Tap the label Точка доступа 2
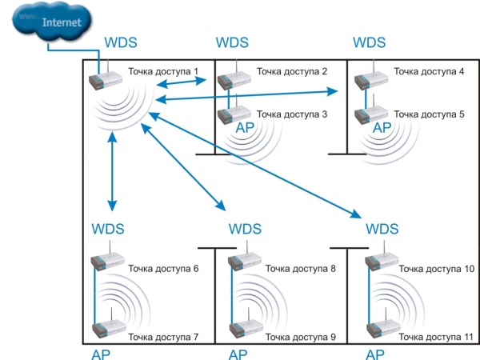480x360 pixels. [292, 72]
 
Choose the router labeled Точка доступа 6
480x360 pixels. [106, 262]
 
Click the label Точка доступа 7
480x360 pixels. [164, 337]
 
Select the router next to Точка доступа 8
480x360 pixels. [242, 262]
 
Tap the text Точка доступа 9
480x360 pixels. [302, 337]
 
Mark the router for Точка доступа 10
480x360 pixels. [378, 262]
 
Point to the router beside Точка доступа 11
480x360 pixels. [378, 330]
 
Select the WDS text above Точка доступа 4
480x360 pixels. [369, 42]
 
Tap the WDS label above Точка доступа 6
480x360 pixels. [108, 230]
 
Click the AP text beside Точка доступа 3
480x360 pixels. [244, 128]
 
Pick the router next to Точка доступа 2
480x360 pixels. [234, 78]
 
